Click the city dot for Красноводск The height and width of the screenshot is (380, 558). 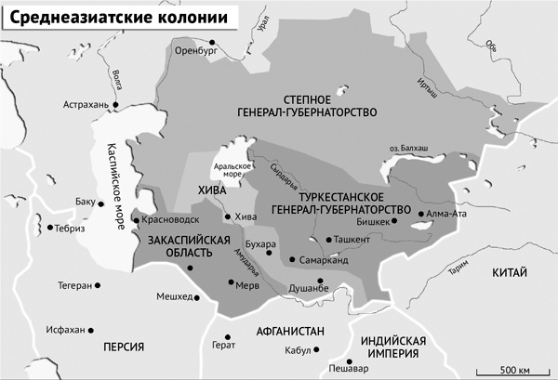(137, 220)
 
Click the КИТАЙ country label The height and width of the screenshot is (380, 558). (508, 273)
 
